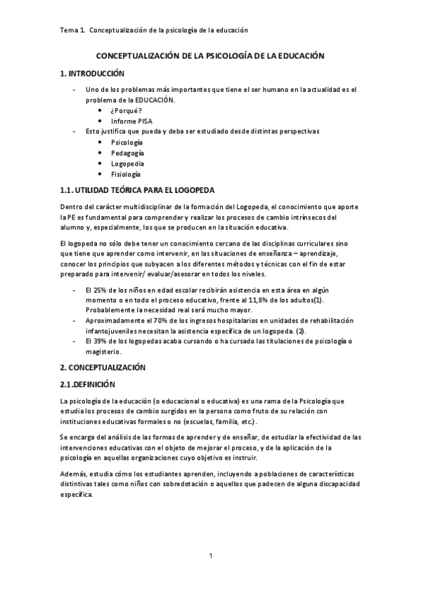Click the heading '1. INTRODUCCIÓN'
[x=92, y=73]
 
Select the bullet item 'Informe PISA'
[x=134, y=121]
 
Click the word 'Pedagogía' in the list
[x=127, y=152]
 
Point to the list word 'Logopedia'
[x=127, y=163]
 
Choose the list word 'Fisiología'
[x=126, y=173]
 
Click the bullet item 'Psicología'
[x=127, y=142]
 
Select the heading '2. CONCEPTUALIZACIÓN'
[x=103, y=367]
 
